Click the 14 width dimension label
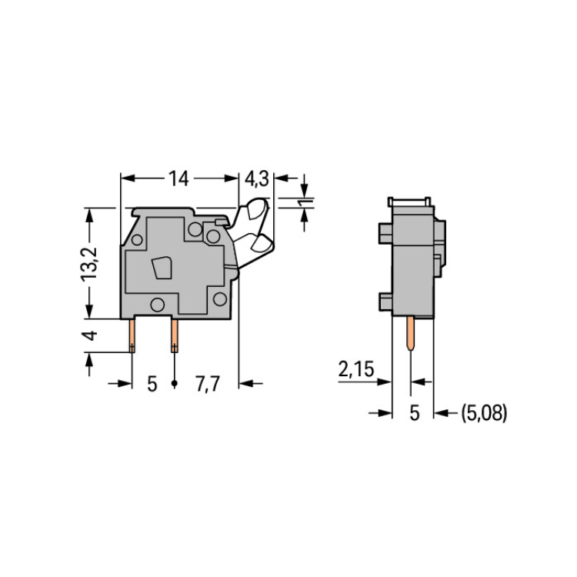tap(178, 178)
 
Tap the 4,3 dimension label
tap(256, 179)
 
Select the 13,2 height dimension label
tap(89, 264)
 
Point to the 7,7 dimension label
tap(208, 384)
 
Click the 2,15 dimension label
tap(356, 369)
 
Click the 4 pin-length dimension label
tap(89, 335)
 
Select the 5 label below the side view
tap(415, 413)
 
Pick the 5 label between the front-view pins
tap(152, 384)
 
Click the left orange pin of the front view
tap(132, 335)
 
